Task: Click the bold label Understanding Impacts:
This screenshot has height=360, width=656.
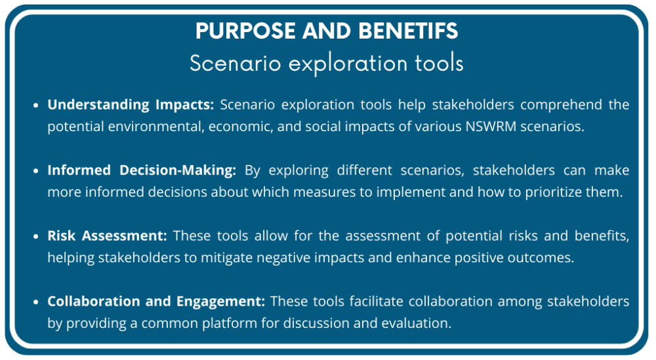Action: click(x=131, y=105)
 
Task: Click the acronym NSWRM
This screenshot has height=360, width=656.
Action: click(x=489, y=127)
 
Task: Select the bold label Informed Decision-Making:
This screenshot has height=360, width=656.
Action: click(x=141, y=170)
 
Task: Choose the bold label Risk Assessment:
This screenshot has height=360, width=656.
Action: click(x=108, y=236)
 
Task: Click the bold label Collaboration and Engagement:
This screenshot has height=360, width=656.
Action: click(x=156, y=302)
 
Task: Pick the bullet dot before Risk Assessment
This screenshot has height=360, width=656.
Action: click(x=38, y=237)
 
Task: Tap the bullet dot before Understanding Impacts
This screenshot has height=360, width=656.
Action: click(x=38, y=106)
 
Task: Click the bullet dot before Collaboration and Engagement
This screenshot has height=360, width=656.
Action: click(x=38, y=302)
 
